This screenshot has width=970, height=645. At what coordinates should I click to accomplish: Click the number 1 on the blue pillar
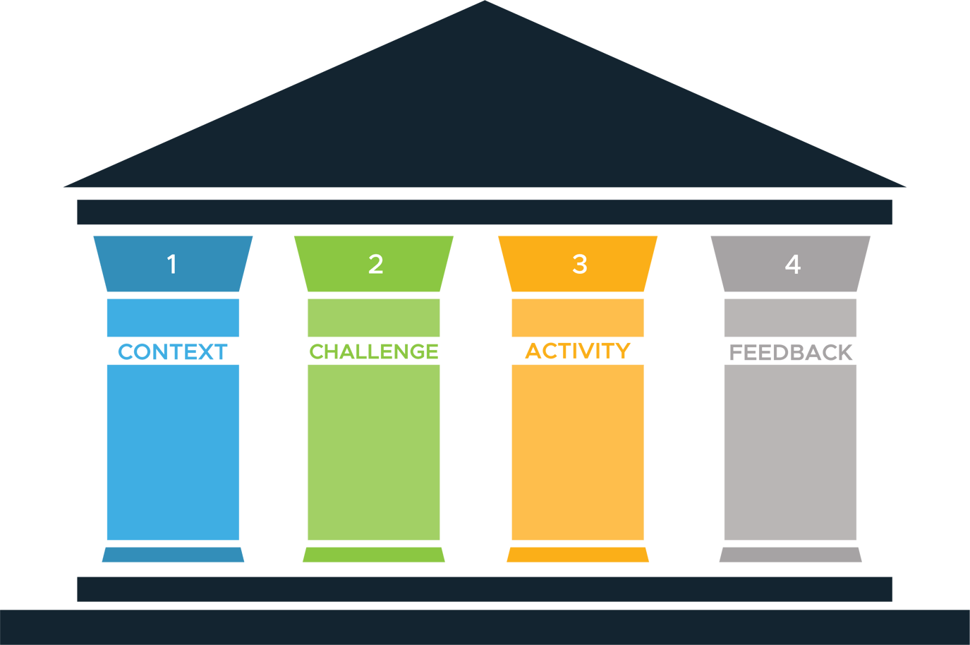click(171, 265)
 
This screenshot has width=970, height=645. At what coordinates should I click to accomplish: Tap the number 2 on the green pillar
click(375, 265)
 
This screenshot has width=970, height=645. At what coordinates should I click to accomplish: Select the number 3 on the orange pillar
click(579, 265)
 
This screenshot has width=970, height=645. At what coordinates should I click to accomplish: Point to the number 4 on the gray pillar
click(792, 265)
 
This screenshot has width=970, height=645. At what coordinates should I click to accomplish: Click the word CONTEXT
click(173, 351)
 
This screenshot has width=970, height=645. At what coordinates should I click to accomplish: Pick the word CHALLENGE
click(374, 351)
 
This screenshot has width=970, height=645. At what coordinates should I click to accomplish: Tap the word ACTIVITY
click(578, 351)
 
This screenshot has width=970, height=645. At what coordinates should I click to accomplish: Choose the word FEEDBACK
click(791, 352)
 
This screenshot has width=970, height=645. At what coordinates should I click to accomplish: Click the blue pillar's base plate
click(173, 555)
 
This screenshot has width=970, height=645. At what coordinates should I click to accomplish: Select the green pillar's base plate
click(374, 555)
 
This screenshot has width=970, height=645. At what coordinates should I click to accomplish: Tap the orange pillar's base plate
click(578, 555)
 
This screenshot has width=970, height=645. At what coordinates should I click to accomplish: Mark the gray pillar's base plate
click(790, 555)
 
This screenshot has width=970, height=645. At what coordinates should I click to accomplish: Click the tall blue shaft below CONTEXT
click(173, 452)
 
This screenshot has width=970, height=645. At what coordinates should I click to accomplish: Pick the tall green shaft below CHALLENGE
click(374, 452)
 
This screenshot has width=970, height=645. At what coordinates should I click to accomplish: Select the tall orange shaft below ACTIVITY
click(578, 452)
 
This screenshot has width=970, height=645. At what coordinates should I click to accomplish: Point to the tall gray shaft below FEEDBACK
click(790, 452)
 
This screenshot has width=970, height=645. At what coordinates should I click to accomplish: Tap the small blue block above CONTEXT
click(173, 318)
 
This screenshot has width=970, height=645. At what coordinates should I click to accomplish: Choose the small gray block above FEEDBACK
click(790, 318)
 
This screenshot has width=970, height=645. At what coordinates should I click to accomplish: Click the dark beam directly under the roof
click(485, 212)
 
